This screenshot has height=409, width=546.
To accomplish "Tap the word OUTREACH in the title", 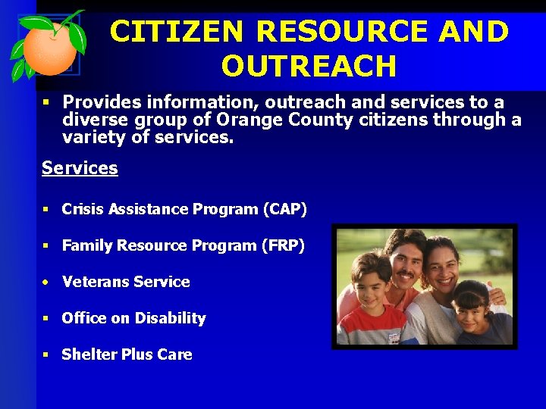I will tap(309, 67).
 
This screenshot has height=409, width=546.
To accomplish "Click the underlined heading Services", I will tap(80, 168).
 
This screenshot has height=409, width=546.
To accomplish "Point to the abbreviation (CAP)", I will tap(284, 209).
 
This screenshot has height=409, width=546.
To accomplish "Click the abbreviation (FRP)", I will tap(282, 245).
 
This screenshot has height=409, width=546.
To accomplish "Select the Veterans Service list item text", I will tap(126, 282).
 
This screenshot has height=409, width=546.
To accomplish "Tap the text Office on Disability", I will tap(133, 318).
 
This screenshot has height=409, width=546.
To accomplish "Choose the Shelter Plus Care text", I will tap(127, 354).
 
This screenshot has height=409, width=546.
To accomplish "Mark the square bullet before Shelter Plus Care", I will tap(46, 354).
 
